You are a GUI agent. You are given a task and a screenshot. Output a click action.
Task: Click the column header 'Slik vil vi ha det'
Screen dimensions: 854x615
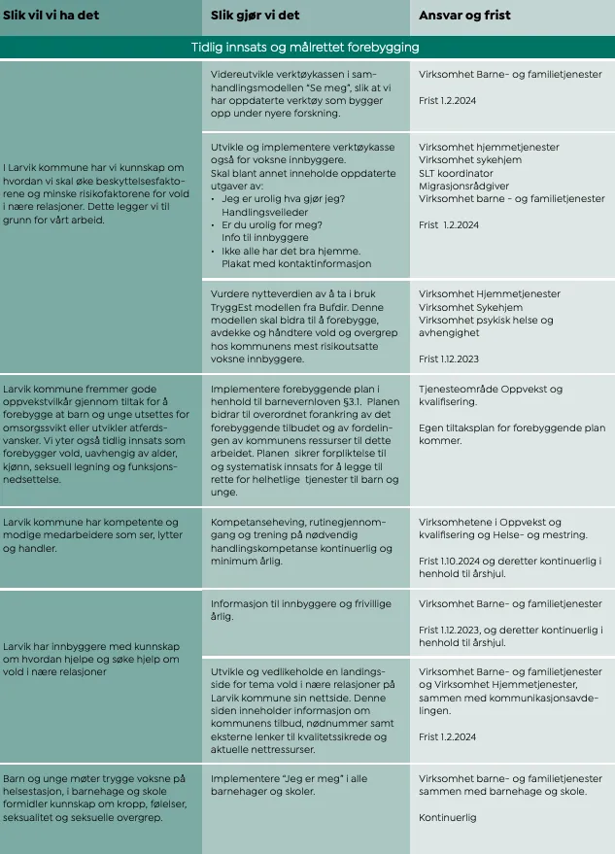(x=57, y=17)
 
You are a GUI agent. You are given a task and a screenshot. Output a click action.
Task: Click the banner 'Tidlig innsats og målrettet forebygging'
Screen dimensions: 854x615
(x=307, y=47)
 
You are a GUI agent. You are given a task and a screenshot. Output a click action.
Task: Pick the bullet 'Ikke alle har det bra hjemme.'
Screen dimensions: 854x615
(x=291, y=250)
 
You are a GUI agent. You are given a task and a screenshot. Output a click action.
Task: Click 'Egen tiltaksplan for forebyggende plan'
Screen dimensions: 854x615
(x=511, y=427)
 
